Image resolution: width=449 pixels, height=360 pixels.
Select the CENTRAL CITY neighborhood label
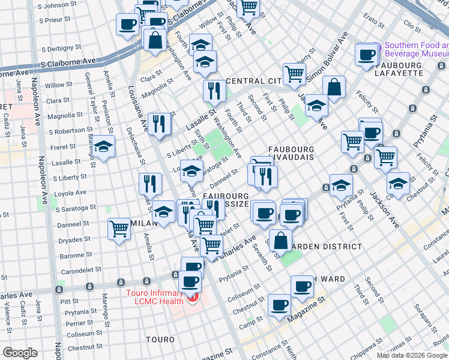point(253,81)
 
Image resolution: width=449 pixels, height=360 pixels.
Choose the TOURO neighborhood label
point(160,340)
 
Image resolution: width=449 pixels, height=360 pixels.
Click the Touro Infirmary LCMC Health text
point(154,297)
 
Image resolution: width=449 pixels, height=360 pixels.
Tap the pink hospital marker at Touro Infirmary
point(193,299)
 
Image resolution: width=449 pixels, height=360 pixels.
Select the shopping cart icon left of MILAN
point(119,229)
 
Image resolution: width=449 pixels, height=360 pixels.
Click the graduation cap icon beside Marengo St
point(104,147)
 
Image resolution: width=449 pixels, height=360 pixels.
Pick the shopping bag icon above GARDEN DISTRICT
point(280,240)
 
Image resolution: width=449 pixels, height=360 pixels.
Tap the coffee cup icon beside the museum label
point(366,55)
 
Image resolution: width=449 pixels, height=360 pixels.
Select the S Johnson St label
point(53,5)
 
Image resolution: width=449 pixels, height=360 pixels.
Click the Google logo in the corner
point(20,353)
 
